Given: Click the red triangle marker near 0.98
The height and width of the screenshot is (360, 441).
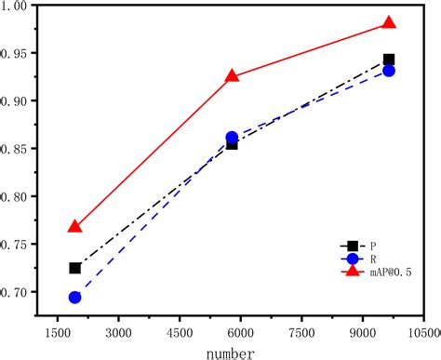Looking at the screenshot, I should (x=389, y=23).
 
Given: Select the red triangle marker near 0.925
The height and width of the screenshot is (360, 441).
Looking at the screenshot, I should (x=233, y=75).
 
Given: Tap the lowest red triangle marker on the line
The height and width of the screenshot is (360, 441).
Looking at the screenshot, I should (x=75, y=227).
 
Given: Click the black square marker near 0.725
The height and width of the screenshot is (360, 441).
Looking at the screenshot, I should (x=75, y=268).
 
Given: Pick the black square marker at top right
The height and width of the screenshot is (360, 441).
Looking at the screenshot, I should (x=389, y=60).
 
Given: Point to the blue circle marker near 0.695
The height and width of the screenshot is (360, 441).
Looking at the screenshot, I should (x=75, y=297).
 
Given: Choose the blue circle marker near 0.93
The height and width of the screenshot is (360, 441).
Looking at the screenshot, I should (x=389, y=71).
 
